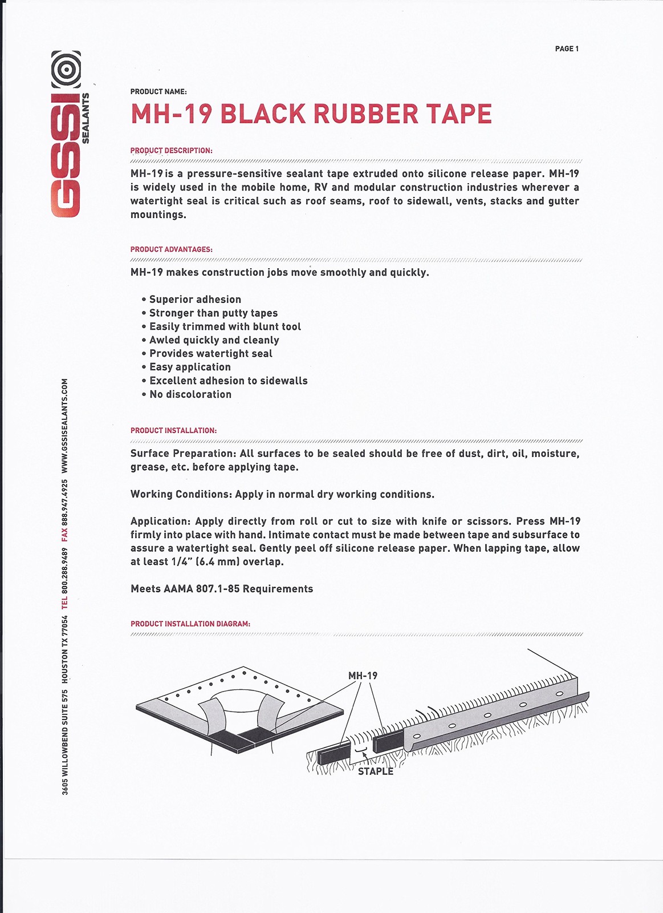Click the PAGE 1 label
point(567,49)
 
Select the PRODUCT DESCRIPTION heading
point(171,151)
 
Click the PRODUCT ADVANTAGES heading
point(171,249)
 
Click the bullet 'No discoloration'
point(190,394)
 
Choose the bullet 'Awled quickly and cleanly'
point(214,340)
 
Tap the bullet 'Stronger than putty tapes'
point(213,313)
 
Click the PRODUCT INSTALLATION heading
point(173,430)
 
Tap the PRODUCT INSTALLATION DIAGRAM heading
point(190,624)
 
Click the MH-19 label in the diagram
point(363,676)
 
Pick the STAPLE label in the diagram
point(376,771)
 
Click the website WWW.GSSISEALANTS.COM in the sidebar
point(65,426)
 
